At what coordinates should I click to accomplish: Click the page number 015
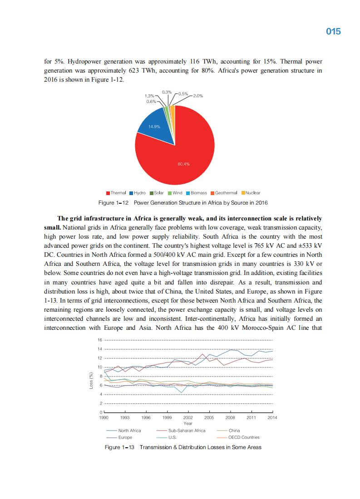coord(333,31)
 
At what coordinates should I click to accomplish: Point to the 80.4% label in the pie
coord(183,164)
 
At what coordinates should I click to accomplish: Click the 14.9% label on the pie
coord(155,127)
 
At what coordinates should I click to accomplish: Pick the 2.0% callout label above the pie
coord(198,96)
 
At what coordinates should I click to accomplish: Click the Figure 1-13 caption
coord(183,447)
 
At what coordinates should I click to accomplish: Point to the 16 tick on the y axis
coord(100,340)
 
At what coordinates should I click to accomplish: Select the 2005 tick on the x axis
coord(209,417)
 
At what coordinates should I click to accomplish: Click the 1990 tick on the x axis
coord(104,417)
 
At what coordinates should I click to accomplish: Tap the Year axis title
coord(188,423)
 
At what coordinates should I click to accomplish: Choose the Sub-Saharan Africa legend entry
coord(187,431)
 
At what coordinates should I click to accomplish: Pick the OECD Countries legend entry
coord(244,437)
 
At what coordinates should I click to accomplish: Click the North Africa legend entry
coord(129,431)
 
